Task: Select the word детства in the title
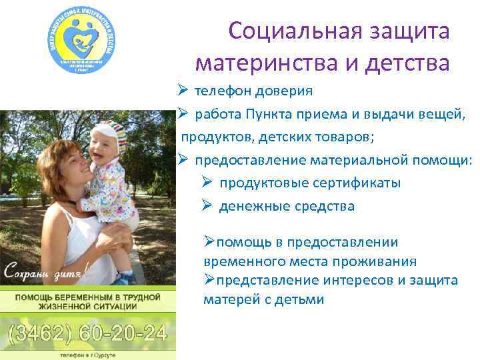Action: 408,63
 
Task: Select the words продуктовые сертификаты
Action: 311,183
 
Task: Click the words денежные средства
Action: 287,206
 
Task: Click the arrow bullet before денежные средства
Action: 207,206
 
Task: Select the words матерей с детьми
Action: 264,299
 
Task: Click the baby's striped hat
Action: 109,133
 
